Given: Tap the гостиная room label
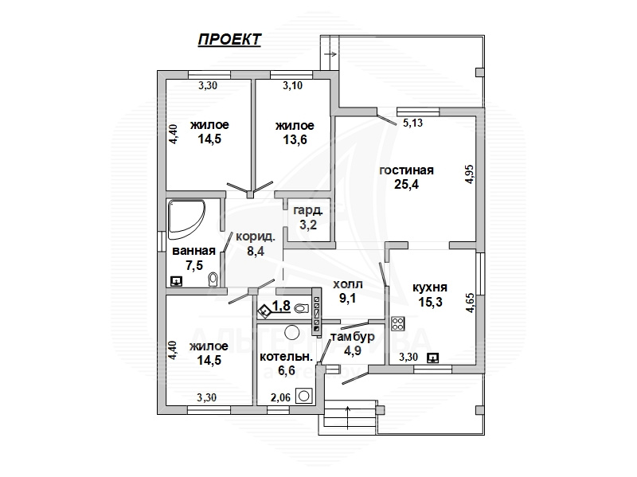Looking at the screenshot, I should point(406,170).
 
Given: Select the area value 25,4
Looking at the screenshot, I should point(406,184).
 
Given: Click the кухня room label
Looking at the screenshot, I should point(430,288).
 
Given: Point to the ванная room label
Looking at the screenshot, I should point(193,252).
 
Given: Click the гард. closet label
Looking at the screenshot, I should point(307,211).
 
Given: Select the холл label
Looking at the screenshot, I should point(347,284).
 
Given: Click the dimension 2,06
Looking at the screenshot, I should point(280,397).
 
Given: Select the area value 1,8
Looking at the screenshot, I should point(281,305).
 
